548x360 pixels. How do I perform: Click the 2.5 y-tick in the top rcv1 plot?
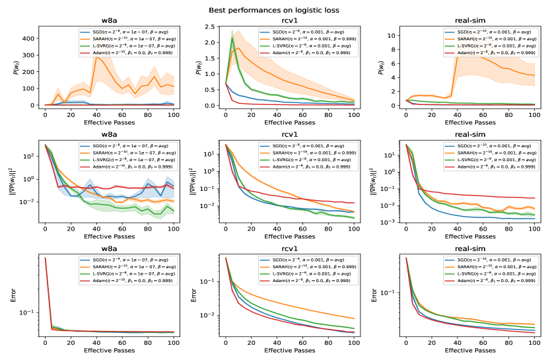[213, 27]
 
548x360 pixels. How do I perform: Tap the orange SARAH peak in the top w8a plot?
[96, 57]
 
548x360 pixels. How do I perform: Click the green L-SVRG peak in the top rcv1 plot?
[232, 38]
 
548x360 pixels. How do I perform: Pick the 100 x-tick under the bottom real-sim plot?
[533, 344]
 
